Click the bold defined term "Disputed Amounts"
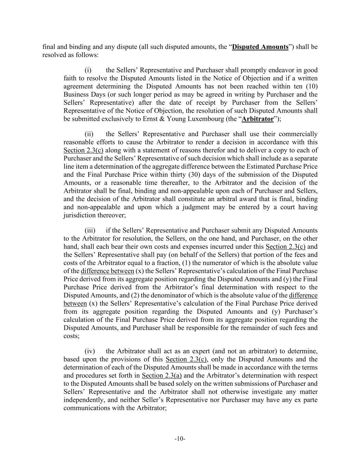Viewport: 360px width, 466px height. pos(260,47)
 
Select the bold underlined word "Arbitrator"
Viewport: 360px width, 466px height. pos(258,119)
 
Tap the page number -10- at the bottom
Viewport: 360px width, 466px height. pos(180,439)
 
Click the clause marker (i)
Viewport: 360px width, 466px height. pos(88,70)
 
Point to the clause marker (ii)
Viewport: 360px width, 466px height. pos(89,134)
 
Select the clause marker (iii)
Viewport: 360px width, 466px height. pos(90,231)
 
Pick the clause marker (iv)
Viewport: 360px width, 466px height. pos(89,351)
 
